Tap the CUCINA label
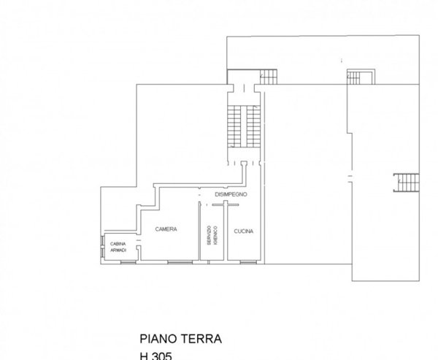click(243, 231)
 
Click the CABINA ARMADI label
click(118, 247)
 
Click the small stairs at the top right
click(358, 76)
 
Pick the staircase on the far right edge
click(405, 182)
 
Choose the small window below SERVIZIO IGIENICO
click(213, 261)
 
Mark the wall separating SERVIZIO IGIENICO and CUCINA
click(226, 234)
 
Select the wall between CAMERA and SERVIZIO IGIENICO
click(199, 234)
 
